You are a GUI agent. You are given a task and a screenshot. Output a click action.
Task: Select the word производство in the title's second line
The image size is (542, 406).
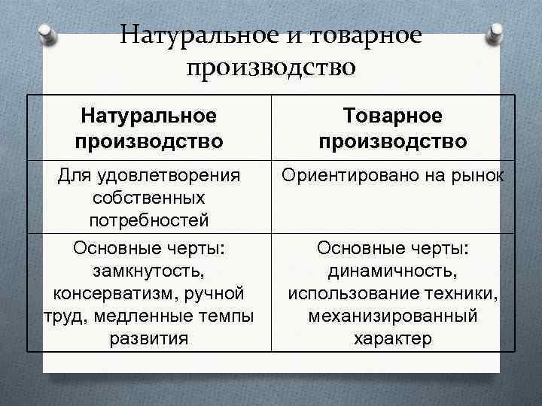[270, 68]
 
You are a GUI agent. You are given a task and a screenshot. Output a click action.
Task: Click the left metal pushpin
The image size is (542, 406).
[47, 34]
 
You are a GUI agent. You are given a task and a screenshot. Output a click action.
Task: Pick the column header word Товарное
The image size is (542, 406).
[392, 116]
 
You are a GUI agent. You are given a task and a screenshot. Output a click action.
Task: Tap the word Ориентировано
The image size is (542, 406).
[347, 176]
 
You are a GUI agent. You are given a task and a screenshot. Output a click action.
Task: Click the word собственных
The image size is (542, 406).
[149, 198]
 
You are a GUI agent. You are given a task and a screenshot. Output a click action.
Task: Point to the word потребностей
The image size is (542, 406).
[149, 221]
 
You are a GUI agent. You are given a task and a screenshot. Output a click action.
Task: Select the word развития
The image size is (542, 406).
[149, 338]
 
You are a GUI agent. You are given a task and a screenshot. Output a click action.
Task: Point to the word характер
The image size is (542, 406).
[392, 338]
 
